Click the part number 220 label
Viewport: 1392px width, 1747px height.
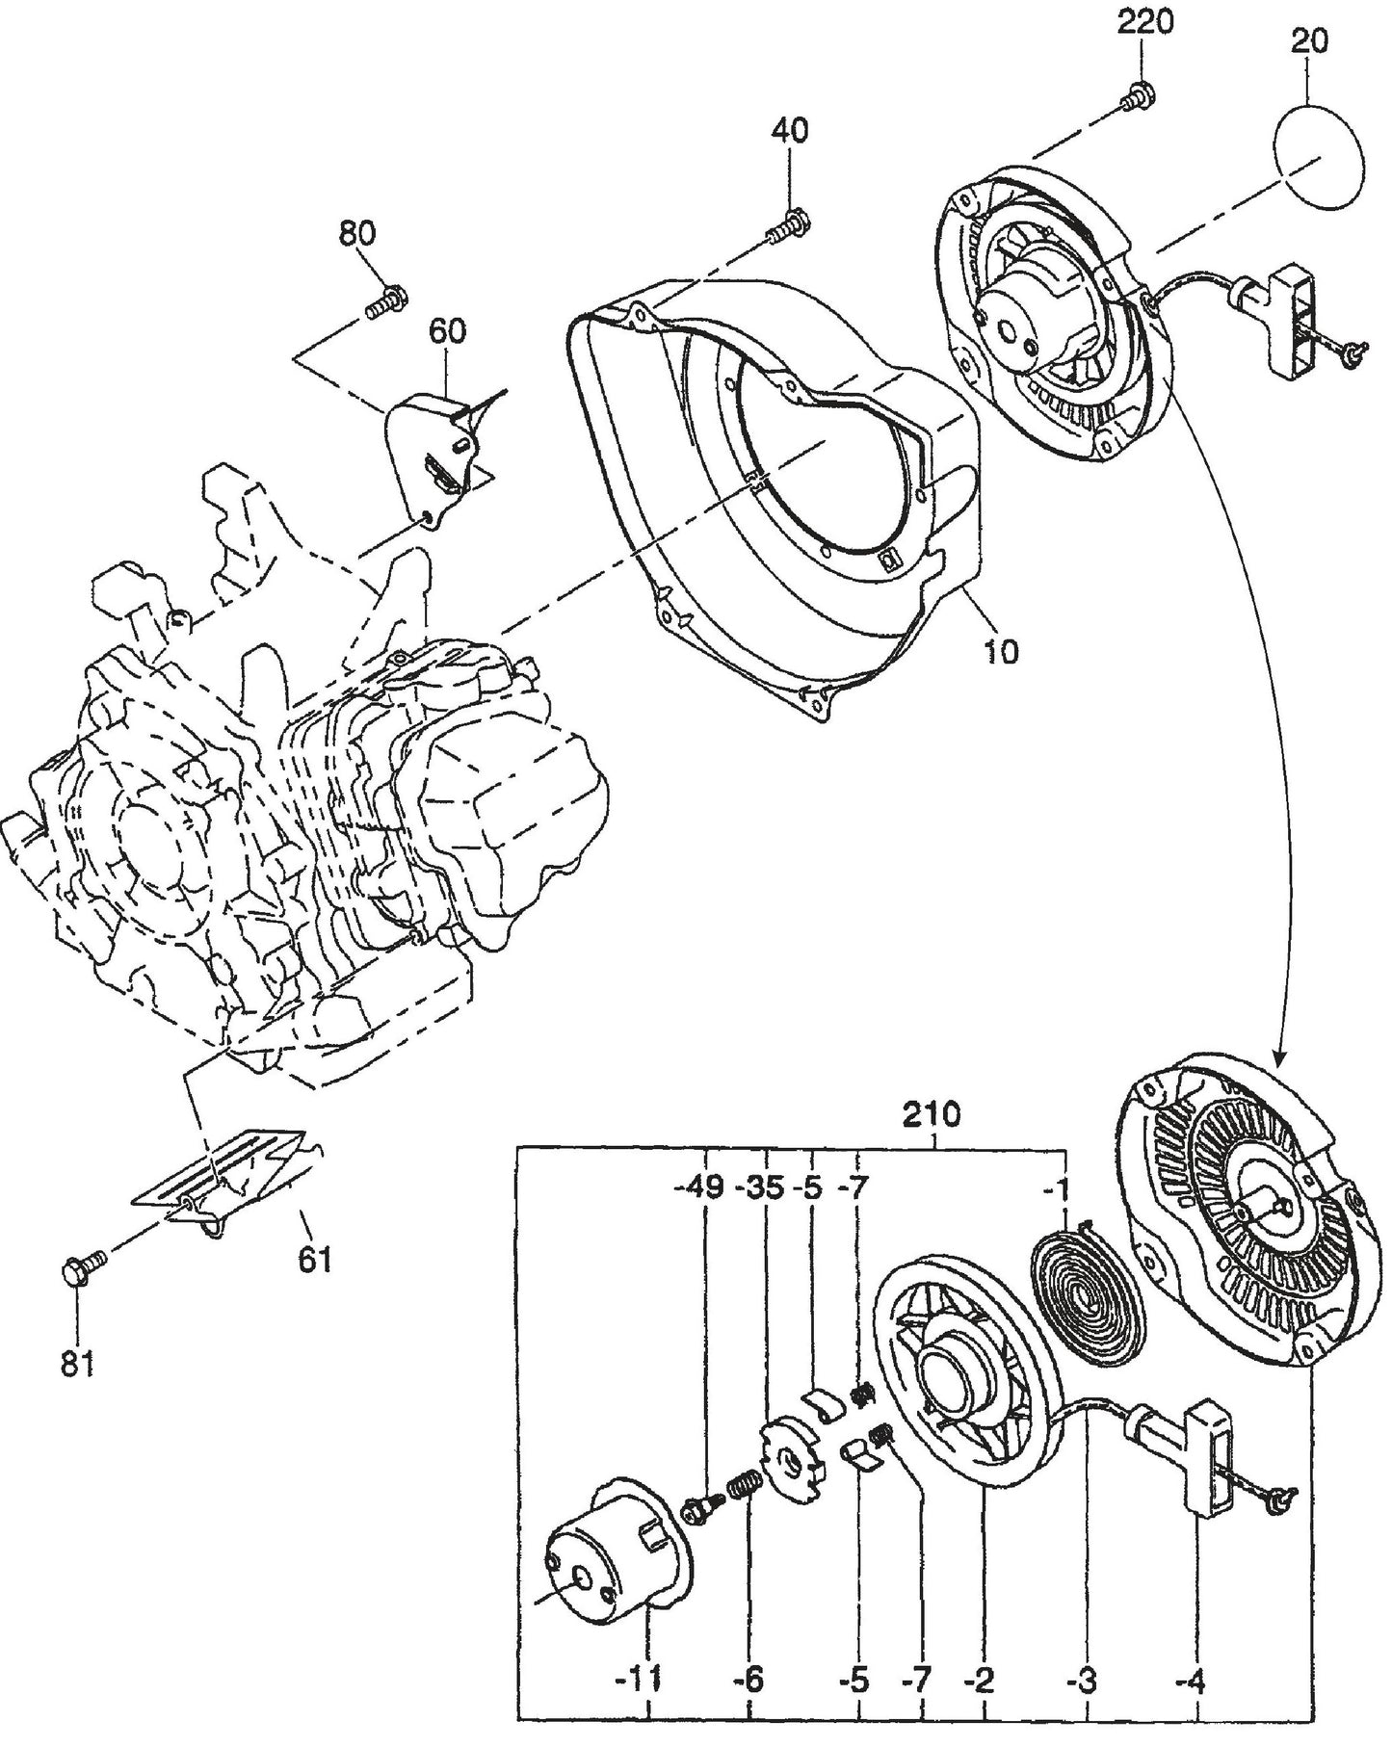tap(1144, 21)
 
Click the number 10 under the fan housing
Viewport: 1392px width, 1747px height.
tap(1002, 652)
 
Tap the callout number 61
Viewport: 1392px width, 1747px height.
tap(314, 1259)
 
